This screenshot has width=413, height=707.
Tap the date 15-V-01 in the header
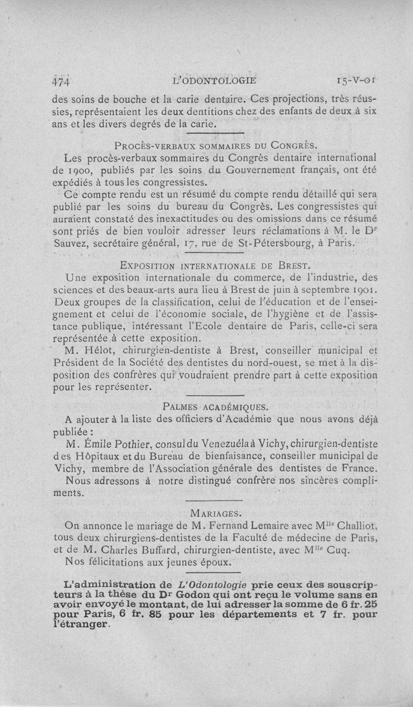[356, 81]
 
